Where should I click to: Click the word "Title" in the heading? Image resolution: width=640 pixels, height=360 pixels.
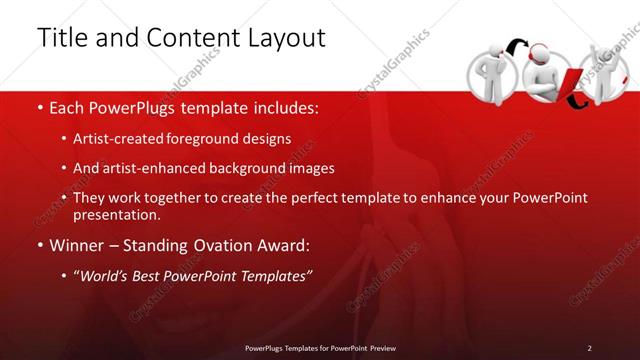(61, 38)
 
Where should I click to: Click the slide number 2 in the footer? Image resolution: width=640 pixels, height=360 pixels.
(589, 347)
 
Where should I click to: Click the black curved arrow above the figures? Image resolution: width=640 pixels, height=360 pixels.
(517, 45)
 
